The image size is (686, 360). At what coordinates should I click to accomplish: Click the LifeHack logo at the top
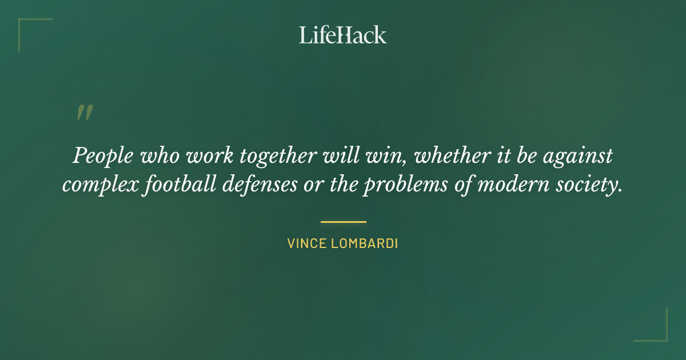pos(343,35)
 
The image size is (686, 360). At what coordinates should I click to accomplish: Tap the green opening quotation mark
pos(84,113)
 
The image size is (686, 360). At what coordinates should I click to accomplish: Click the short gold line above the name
pos(343,222)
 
